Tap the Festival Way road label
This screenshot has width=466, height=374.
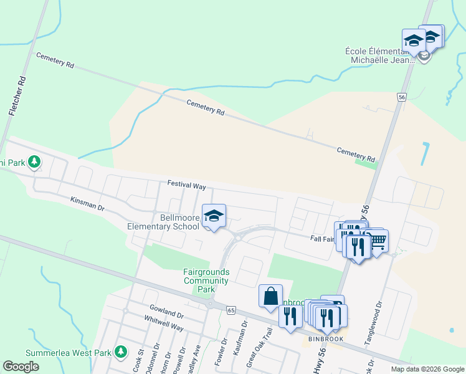click(186, 185)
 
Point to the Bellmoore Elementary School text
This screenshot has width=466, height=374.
click(163, 222)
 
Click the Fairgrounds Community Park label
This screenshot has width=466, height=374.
click(206, 280)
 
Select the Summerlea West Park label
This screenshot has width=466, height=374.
click(69, 353)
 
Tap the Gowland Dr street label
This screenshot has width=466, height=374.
click(166, 309)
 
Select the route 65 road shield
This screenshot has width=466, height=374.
click(231, 310)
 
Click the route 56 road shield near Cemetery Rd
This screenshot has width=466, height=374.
click(402, 98)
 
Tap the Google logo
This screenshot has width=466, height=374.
click(21, 366)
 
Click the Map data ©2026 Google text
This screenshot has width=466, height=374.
click(427, 369)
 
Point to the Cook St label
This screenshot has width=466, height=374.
click(138, 361)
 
